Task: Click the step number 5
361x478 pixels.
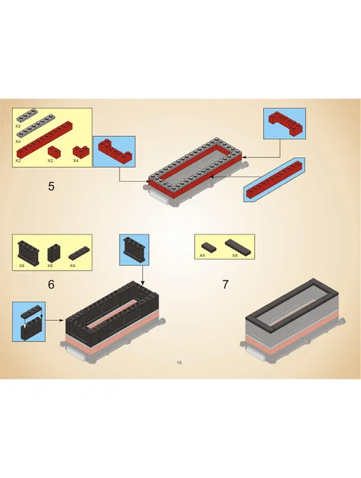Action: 51,186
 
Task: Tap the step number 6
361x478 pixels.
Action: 51,284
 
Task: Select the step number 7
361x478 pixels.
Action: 225,284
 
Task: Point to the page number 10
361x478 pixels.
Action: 179,362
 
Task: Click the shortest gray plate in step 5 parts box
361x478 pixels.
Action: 27,115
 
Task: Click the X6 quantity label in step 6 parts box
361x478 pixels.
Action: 22,266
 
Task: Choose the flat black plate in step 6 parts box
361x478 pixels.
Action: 80,253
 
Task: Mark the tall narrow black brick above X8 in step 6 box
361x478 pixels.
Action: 54,253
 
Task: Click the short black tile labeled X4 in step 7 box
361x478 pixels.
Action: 209,247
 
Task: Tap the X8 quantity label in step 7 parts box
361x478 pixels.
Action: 235,256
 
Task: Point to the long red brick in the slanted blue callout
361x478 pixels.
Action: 274,180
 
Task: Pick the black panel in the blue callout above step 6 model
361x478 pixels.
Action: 135,250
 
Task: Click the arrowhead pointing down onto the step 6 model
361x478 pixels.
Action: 142,283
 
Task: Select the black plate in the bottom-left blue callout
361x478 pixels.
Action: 32,310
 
